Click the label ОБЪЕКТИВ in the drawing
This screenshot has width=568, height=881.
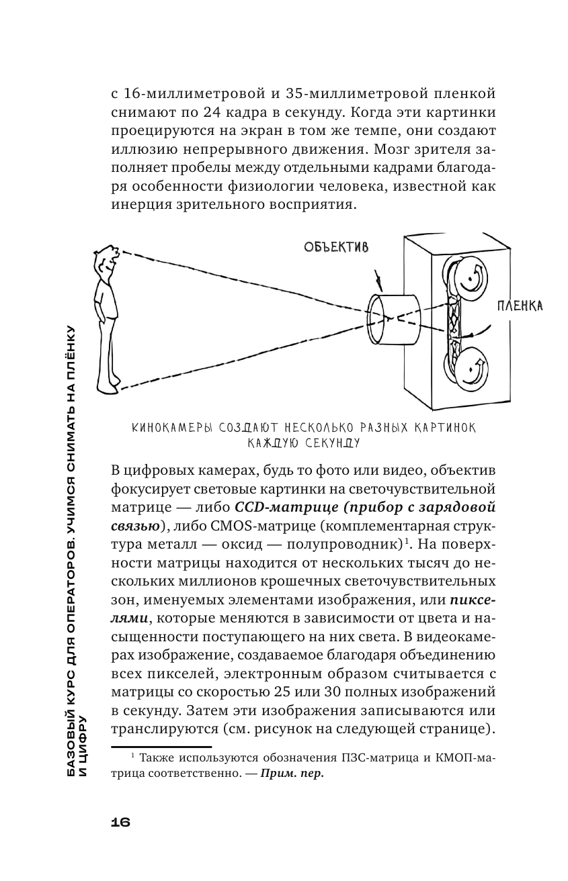coord(336,247)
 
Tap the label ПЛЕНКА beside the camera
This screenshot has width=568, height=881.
coord(519,306)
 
